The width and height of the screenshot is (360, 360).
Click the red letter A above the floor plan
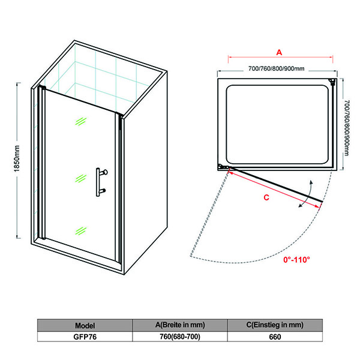click(x=279, y=52)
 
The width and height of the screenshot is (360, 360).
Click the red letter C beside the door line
click(x=266, y=197)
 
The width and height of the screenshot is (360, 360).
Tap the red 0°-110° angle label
click(x=296, y=260)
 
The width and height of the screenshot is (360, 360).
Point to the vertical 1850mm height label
click(x=17, y=158)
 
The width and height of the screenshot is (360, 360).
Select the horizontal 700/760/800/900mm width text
click(x=277, y=68)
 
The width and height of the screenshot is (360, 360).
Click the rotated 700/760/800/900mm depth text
click(x=347, y=128)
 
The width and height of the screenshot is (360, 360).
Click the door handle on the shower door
click(x=101, y=182)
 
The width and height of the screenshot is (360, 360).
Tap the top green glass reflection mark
click(x=80, y=121)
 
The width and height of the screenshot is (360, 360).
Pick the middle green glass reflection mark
click(x=80, y=178)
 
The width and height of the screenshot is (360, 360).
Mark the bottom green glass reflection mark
click(x=80, y=231)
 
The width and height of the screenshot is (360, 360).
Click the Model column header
click(x=85, y=325)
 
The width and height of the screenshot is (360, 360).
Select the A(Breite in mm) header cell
click(x=180, y=325)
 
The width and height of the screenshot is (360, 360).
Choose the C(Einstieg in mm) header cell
click(x=275, y=325)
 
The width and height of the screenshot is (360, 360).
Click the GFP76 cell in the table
click(x=85, y=337)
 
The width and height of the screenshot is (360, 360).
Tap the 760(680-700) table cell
click(x=180, y=337)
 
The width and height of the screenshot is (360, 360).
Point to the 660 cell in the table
click(x=275, y=337)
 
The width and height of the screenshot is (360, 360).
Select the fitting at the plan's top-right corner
click(x=332, y=82)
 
